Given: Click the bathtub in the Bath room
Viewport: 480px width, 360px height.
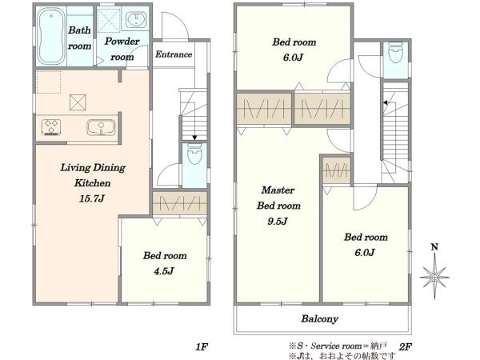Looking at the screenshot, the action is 51,36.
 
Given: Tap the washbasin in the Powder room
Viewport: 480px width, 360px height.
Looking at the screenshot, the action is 136,19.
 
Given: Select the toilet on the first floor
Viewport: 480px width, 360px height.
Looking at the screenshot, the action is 194,154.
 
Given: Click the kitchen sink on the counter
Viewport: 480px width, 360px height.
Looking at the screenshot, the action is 101,127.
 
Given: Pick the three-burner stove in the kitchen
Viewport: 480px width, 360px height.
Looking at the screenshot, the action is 51,127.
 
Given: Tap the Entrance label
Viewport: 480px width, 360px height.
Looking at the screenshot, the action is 174,54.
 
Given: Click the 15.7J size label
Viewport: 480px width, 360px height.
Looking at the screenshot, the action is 92,198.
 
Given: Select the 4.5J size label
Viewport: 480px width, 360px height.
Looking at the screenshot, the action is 164,271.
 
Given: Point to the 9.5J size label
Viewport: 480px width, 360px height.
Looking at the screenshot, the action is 278,221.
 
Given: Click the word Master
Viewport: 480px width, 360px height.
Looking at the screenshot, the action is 278,190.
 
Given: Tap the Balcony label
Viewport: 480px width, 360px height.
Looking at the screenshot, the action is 319,319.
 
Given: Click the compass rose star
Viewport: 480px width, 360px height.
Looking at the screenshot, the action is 434,278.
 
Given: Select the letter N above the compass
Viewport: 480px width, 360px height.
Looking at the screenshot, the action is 434,246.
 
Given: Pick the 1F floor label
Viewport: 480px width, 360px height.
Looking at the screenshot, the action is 202,347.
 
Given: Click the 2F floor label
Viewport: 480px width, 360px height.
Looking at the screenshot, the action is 406,347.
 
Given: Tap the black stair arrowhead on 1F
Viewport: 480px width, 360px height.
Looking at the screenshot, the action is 194,138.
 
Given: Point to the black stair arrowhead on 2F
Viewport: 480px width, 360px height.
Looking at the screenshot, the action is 386,102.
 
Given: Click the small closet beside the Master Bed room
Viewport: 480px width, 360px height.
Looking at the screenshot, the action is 337,171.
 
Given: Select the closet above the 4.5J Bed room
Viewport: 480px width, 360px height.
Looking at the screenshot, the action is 180,203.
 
